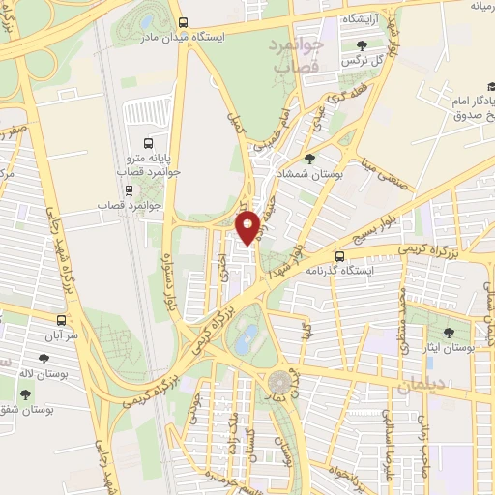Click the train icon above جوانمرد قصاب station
click(102, 188)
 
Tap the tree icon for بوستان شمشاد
click(308, 160)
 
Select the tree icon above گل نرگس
click(362, 44)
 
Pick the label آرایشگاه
click(367, 17)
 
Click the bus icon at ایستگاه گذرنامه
click(339, 256)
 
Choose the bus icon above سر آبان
click(62, 319)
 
